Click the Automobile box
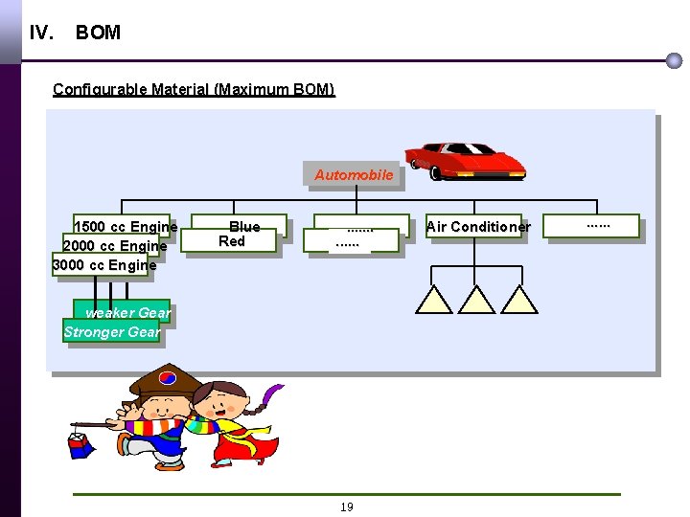[354, 175]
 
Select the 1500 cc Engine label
[126, 227]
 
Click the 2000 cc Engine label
[114, 246]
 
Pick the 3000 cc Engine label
[104, 265]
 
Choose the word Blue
[244, 227]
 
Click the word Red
[232, 241]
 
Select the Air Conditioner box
[477, 227]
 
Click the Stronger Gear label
[112, 332]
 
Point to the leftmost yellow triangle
[433, 301]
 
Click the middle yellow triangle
[476, 301]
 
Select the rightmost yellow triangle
[519, 301]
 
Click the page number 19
[347, 507]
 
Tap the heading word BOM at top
[98, 33]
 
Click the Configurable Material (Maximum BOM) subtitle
[194, 90]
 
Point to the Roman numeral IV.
[41, 33]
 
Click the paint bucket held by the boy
[80, 443]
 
